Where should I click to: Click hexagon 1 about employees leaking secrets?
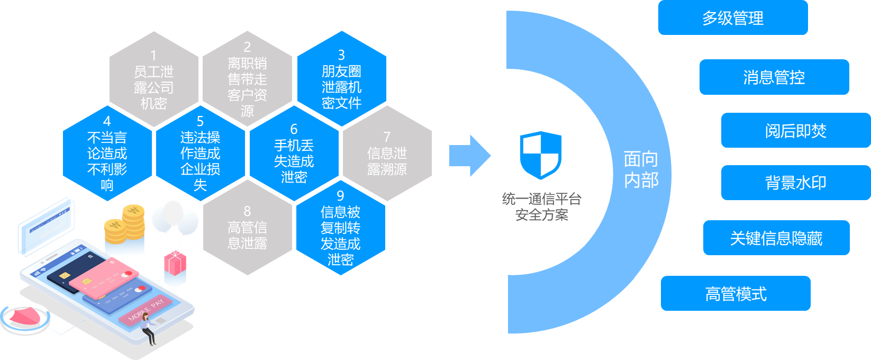(154, 79)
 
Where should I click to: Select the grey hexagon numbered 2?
(247, 79)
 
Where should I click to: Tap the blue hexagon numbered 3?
(341, 79)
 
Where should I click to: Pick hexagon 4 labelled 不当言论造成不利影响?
(107, 154)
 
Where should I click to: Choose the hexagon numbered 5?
(201, 154)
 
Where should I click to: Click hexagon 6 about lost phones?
(294, 154)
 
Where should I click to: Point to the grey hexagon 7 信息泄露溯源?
(387, 154)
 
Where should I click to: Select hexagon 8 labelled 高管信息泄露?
(247, 228)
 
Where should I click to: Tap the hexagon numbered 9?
(341, 228)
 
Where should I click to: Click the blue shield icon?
(540, 155)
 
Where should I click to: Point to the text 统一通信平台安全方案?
(541, 207)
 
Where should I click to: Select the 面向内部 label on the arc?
(641, 169)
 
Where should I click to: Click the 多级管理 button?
(733, 19)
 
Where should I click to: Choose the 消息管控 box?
(774, 77)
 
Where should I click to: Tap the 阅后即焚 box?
(795, 130)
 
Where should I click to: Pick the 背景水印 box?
(795, 183)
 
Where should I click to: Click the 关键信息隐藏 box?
(776, 238)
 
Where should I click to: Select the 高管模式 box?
(736, 293)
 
